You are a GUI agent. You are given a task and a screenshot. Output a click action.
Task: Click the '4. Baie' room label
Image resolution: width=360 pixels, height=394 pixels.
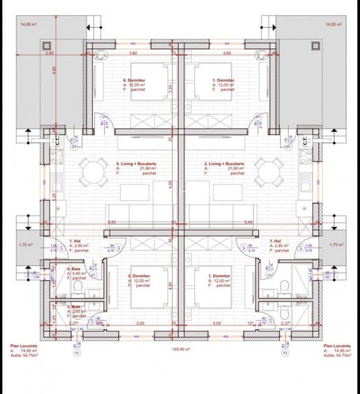click(x=73, y=269)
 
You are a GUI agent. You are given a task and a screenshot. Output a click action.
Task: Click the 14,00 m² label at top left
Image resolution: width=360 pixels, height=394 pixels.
click(x=29, y=24)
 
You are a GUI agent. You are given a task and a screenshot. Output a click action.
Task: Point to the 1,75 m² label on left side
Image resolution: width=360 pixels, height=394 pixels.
click(x=27, y=244)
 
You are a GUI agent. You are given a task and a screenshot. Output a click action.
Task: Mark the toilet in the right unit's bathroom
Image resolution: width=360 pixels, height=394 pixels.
click(x=284, y=284)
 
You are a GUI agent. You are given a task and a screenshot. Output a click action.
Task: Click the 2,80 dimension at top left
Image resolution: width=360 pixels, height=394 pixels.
click(x=30, y=53)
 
